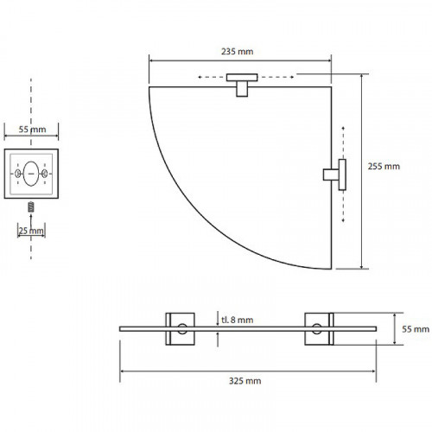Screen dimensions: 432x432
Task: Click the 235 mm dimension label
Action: (238, 52)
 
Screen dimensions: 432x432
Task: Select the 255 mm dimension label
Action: (384, 167)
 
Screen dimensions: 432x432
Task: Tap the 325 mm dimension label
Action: (245, 381)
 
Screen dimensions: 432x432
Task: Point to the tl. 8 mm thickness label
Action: (238, 320)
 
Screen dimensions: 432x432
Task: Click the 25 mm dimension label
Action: (31, 231)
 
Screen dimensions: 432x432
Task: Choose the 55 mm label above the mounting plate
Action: (32, 130)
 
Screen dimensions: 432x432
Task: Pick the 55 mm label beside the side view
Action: (416, 329)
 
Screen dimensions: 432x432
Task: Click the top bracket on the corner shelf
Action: (242, 85)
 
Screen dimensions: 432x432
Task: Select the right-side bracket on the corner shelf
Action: (334, 175)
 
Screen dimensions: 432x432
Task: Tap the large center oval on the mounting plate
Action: (31, 174)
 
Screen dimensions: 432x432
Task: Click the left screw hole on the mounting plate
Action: (17, 174)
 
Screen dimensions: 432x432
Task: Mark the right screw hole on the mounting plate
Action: (45, 174)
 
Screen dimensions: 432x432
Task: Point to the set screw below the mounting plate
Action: (31, 207)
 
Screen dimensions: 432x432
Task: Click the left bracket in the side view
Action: (181, 329)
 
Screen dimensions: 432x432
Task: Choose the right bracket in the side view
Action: (319, 329)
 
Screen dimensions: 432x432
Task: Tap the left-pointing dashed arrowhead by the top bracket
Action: (200, 77)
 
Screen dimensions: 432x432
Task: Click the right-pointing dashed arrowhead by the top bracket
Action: (292, 77)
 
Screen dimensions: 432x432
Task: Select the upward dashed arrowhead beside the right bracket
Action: (343, 128)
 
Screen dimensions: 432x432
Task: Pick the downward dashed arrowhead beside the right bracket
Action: (343, 220)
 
